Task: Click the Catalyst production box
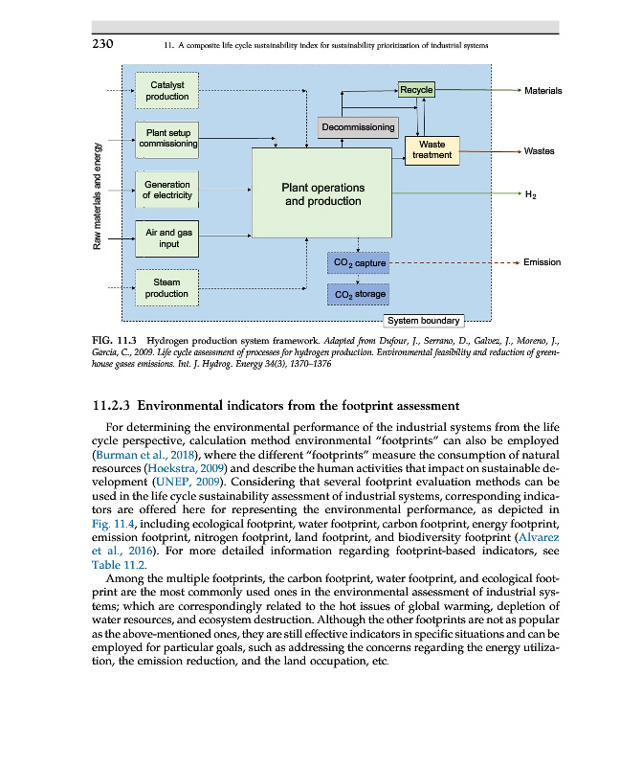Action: click(167, 90)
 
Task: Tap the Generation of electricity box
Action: click(167, 190)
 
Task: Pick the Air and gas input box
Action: click(167, 238)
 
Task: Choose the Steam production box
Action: click(167, 287)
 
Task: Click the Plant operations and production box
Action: click(322, 194)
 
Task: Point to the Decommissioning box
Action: click(358, 126)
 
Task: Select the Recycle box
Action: click(416, 90)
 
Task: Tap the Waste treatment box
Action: click(432, 149)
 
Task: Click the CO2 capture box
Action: click(357, 261)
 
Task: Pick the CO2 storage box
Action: click(357, 294)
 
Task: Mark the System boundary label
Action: click(422, 321)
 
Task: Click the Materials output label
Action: click(542, 91)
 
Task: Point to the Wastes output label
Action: click(539, 151)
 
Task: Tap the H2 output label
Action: click(530, 195)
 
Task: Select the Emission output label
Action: click(542, 261)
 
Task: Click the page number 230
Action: click(103, 44)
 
